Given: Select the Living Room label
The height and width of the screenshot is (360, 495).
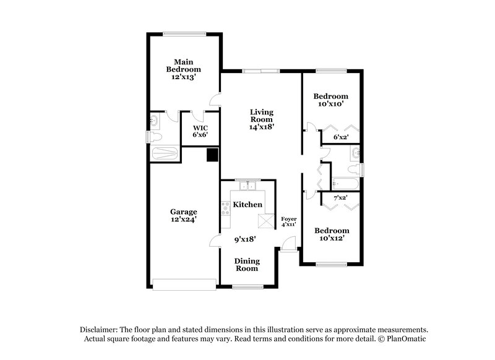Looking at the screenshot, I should click(262, 116).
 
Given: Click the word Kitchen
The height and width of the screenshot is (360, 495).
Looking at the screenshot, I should click(247, 204).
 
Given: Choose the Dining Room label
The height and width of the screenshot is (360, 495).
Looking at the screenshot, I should click(246, 265).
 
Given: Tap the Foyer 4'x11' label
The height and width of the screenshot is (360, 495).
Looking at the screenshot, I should click(289, 221).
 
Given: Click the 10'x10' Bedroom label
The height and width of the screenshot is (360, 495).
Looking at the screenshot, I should click(330, 100).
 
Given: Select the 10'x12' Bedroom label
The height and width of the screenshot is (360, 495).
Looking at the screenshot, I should click(330, 234).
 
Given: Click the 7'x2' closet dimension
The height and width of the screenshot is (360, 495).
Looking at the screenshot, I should click(340, 198).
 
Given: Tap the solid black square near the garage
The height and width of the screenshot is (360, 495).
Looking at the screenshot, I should click(212, 155).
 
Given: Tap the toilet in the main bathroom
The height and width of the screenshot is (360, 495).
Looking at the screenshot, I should click(156, 137).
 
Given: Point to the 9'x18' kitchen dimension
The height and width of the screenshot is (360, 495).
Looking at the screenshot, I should click(246, 238).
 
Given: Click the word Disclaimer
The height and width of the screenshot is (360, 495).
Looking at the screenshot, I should click(99, 330).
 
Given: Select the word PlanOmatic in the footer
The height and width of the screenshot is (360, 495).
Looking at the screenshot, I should click(406, 339).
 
